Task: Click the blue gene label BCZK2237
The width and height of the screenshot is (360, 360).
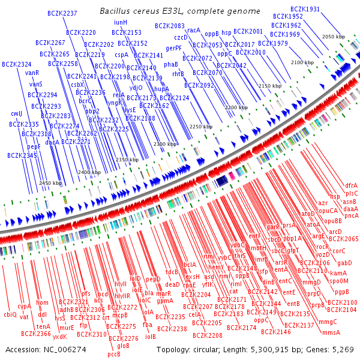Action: pos(62,13)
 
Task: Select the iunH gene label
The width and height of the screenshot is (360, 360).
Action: pos(120,22)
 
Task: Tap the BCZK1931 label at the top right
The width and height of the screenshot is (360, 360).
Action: pos(305,10)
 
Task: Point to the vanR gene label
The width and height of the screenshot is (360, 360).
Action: pos(32,73)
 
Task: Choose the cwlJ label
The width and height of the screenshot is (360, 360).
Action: pos(16,113)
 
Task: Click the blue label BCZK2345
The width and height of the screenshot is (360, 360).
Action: pos(22,155)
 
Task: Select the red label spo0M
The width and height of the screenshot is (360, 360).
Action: pos(339,281)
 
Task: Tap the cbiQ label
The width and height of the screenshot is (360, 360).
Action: pos(10,314)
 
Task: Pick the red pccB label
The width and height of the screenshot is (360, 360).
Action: pos(114,354)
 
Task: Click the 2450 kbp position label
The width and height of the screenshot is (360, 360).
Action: pos(50,183)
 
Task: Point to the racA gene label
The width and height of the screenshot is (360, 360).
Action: pos(194,30)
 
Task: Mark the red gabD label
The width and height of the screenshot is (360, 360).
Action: pos(344,263)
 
